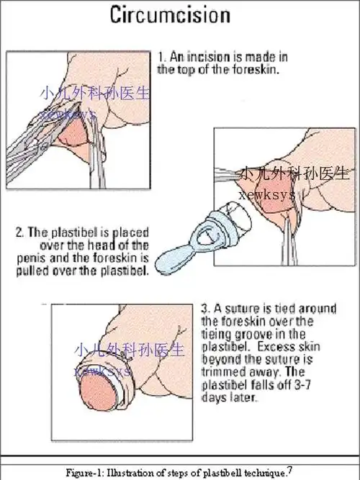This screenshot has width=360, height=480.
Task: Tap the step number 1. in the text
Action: (x=162, y=55)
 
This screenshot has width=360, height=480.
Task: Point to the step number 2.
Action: (x=20, y=232)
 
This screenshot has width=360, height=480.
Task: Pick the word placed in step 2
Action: (x=130, y=232)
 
